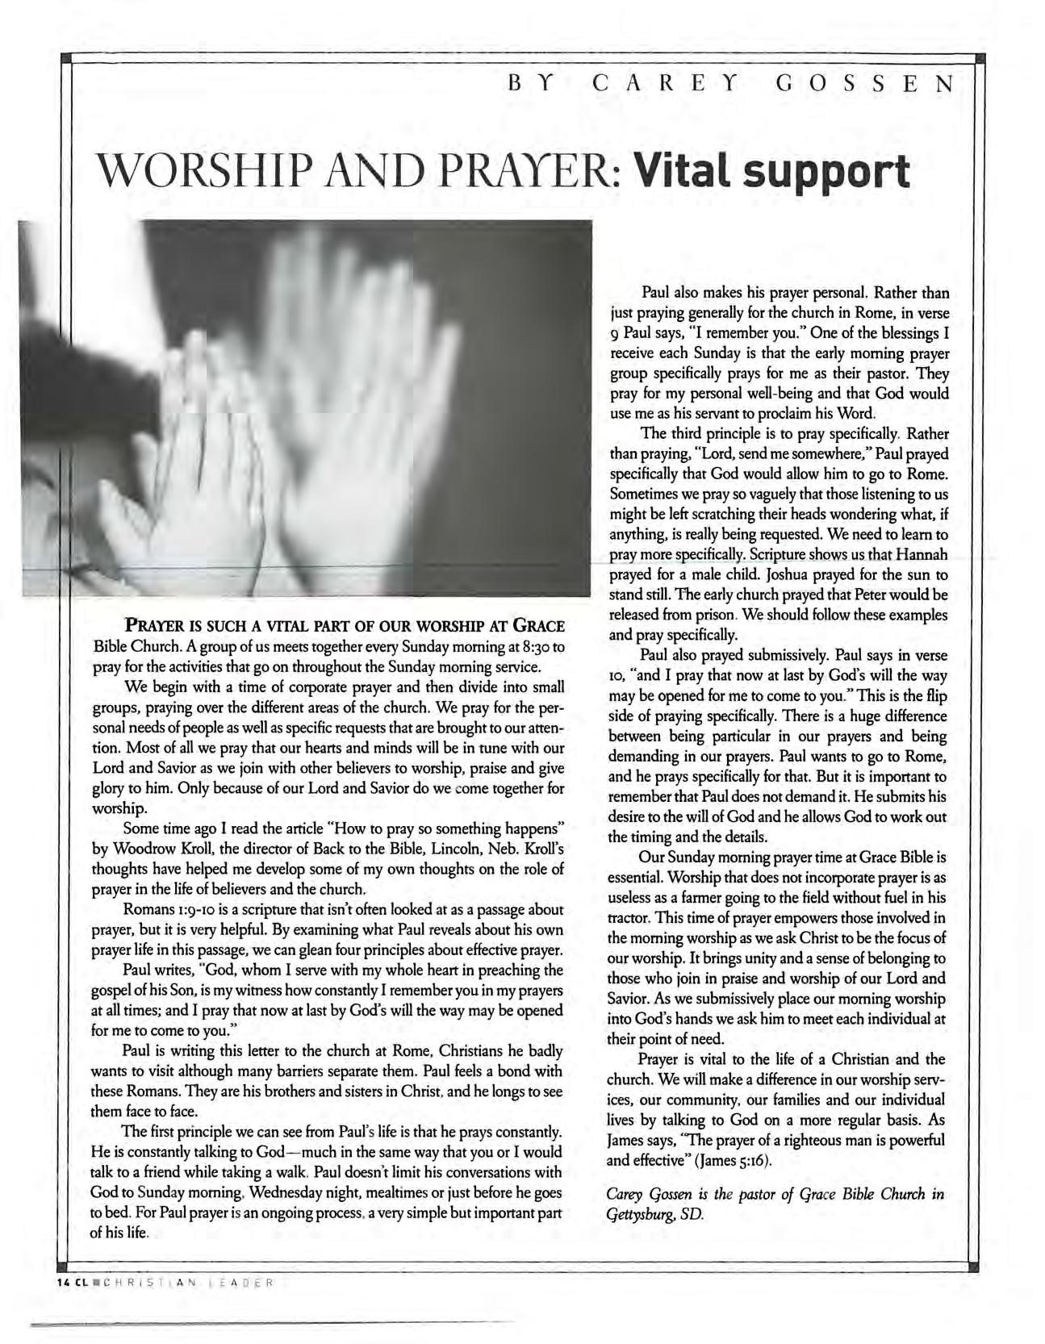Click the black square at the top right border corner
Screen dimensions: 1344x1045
[x=980, y=57]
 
